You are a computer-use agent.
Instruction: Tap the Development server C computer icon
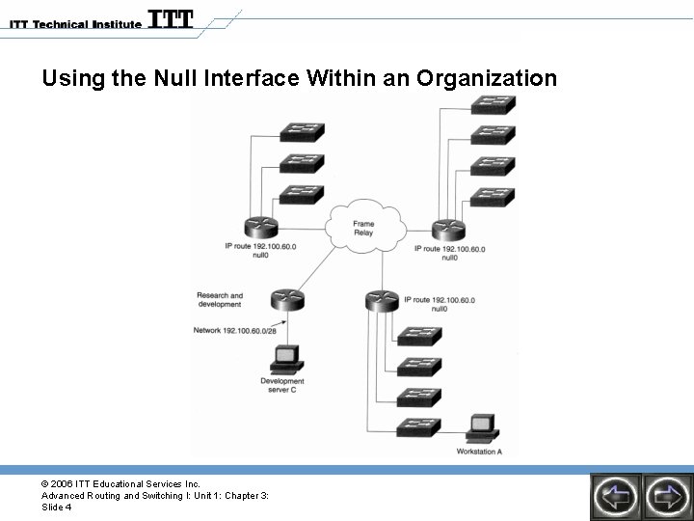[x=284, y=360]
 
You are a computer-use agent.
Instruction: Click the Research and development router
[x=287, y=299]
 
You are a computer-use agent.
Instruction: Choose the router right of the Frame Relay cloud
[x=448, y=228]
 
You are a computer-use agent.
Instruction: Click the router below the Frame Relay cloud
[x=383, y=299]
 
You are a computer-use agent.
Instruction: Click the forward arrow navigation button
[x=666, y=495]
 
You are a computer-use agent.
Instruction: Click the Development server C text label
[x=282, y=385]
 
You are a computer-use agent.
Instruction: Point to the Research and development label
[x=220, y=300]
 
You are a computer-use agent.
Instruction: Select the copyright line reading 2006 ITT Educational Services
[x=120, y=483]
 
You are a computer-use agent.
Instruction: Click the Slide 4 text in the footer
[x=57, y=507]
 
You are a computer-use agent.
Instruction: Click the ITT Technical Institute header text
[x=72, y=23]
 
